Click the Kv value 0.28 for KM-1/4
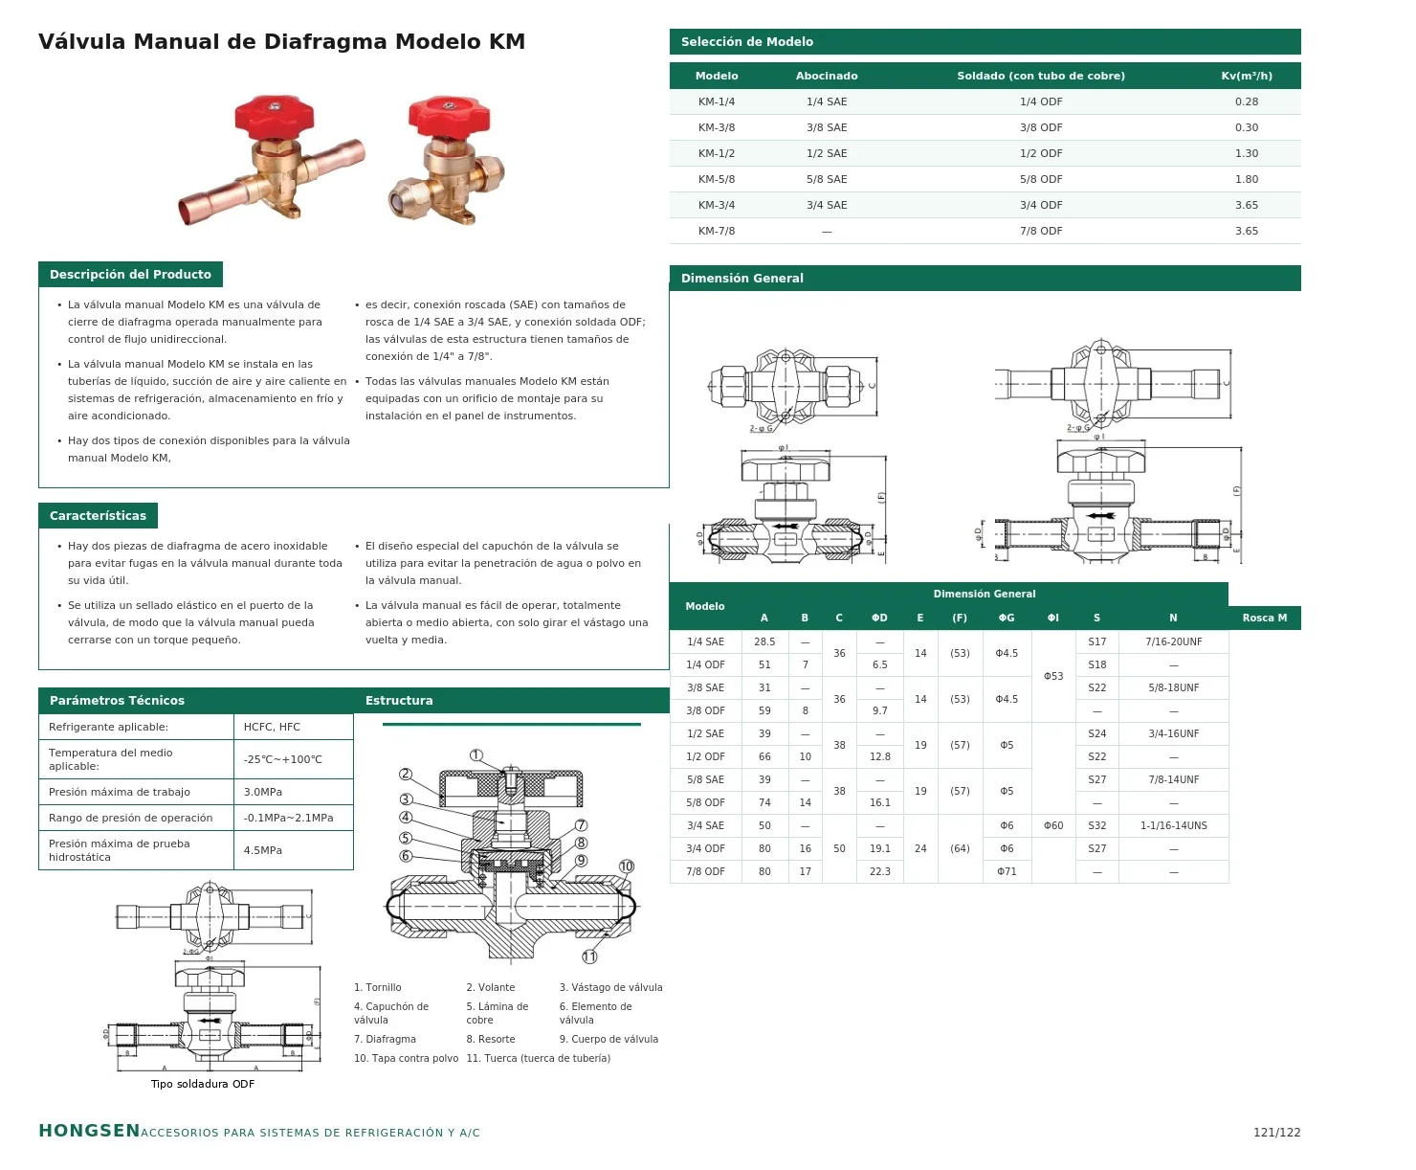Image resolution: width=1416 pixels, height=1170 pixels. tap(1247, 101)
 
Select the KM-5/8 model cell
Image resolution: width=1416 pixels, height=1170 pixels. tap(717, 179)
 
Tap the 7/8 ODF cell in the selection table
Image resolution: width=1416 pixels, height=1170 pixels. tap(1041, 231)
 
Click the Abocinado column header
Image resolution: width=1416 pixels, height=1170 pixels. tap(827, 76)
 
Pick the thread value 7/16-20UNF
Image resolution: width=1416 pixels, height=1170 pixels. tap(1173, 641)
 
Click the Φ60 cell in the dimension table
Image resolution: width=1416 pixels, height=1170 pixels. tap(1053, 825)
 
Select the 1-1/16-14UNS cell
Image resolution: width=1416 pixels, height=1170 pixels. tap(1173, 825)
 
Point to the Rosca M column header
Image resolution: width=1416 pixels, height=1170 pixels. tap(1264, 618)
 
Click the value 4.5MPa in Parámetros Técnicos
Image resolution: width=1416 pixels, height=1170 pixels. tap(262, 850)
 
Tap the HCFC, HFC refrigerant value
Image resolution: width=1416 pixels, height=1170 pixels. tap(272, 727)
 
